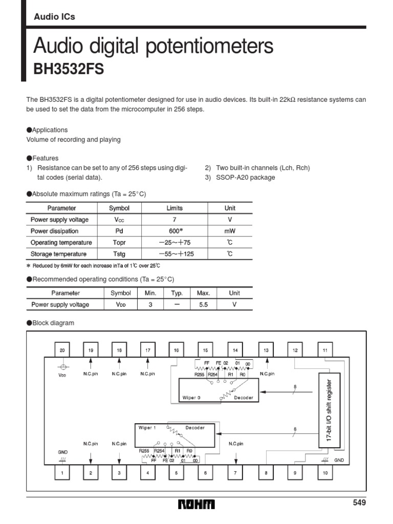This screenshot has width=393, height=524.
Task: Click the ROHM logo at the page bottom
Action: [x=196, y=505]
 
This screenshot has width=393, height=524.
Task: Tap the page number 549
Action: [x=360, y=503]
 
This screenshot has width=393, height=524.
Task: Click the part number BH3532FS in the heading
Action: [x=69, y=69]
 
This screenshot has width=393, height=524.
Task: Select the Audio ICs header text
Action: [x=54, y=17]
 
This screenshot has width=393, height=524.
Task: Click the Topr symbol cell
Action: [x=119, y=243]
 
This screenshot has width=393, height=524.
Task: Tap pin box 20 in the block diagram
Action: [x=62, y=351]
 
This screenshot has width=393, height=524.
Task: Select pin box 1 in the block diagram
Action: [x=62, y=473]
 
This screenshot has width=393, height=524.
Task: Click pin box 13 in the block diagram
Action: [x=266, y=351]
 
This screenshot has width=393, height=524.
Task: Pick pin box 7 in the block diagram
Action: [x=235, y=473]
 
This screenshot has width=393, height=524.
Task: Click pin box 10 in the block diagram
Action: [x=325, y=473]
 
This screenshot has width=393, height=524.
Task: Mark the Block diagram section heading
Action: [x=53, y=323]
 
